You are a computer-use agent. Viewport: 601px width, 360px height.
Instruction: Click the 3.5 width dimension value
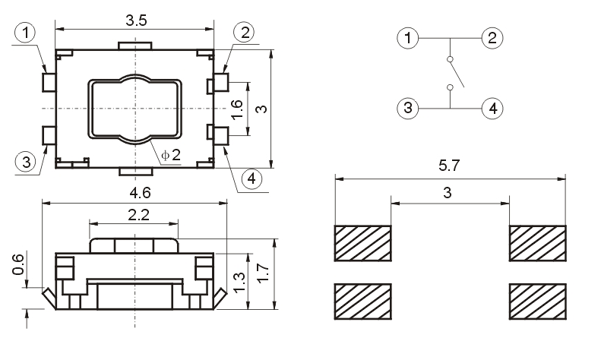pyautogui.click(x=136, y=21)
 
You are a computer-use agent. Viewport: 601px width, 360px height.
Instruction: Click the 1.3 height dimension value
pyautogui.click(x=239, y=283)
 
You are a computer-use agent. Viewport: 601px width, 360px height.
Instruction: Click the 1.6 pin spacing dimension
pyautogui.click(x=237, y=109)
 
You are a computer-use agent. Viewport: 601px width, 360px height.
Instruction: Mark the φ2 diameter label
pyautogui.click(x=170, y=155)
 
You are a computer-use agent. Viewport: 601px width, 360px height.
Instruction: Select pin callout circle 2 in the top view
pyautogui.click(x=244, y=32)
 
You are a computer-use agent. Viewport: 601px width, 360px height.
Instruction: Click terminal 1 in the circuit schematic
pyautogui.click(x=409, y=38)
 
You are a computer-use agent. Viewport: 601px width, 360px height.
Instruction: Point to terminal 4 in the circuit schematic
pyautogui.click(x=492, y=108)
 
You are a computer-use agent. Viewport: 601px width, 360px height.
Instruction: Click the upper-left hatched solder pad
pyautogui.click(x=362, y=242)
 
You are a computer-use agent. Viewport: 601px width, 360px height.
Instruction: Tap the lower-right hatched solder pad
pyautogui.click(x=537, y=301)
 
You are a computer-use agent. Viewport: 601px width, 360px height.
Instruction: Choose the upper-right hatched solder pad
pyautogui.click(x=537, y=242)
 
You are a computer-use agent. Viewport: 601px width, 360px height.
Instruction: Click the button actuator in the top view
pyautogui.click(x=135, y=109)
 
